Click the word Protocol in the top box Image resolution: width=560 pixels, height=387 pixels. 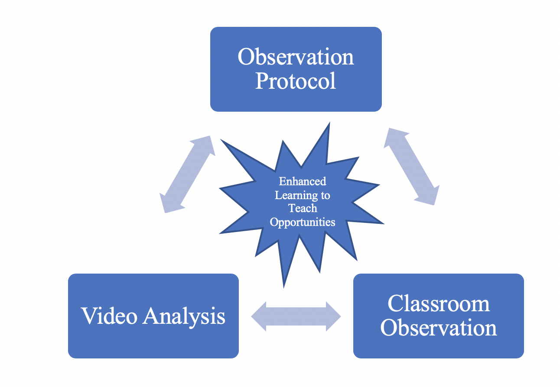tap(296, 81)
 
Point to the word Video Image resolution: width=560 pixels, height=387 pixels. tap(110, 316)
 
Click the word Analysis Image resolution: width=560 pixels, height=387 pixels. tap(184, 317)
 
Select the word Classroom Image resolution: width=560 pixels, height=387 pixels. tap(439, 303)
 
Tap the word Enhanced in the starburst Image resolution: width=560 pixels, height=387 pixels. tap(303, 181)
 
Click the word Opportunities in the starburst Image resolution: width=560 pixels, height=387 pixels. tap(303, 222)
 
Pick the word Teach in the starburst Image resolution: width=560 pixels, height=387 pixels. tap(303, 209)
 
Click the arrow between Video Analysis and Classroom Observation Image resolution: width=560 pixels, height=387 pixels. tap(296, 316)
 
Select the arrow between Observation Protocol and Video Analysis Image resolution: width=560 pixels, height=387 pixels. tap(187, 174)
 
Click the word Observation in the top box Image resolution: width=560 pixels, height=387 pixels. tap(296, 57)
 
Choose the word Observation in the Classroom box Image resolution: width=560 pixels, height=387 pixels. tap(439, 328)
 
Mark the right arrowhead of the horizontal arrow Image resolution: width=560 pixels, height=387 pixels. tap(333, 316)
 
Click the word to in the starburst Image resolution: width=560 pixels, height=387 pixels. tap(325, 195)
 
